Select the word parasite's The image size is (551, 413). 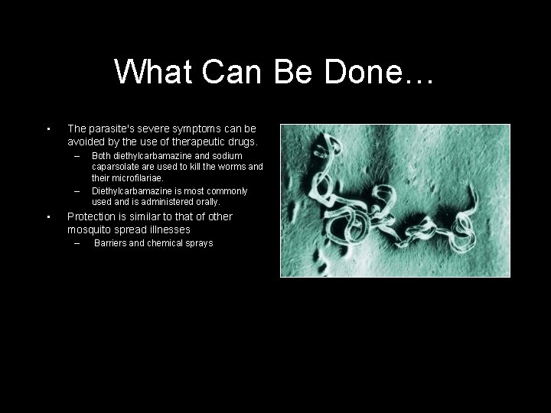tap(115, 128)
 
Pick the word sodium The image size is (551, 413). tap(227, 156)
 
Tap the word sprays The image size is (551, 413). tap(197, 243)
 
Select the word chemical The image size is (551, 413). tap(163, 243)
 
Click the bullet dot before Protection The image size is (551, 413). tap(47, 217)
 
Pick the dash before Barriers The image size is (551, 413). tap(77, 243)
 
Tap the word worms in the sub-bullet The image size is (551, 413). tap(232, 167)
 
